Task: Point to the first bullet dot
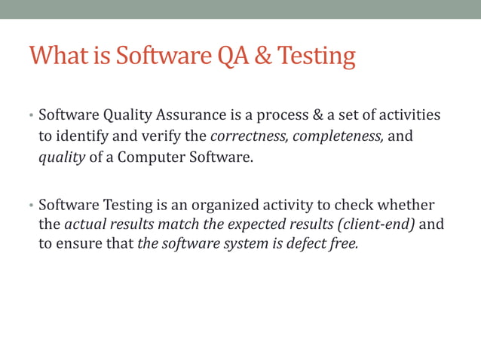32,117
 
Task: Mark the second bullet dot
32,206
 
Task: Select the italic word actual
84,225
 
